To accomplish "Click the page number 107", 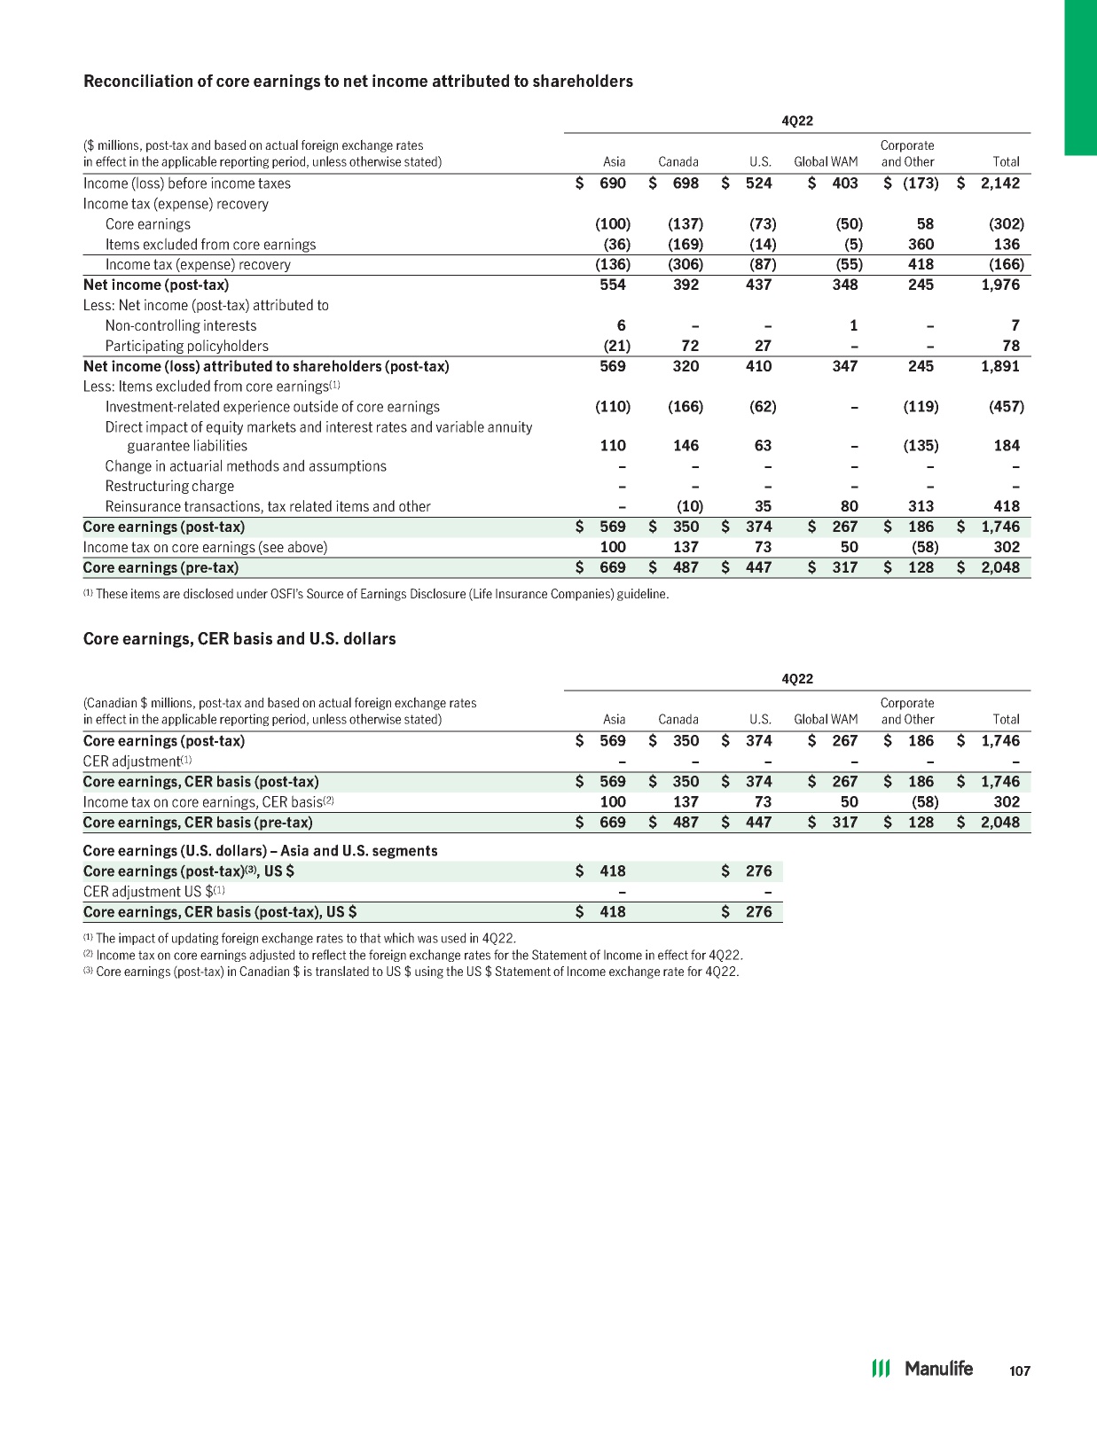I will pos(1020,1370).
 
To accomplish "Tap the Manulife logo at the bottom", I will pos(922,1369).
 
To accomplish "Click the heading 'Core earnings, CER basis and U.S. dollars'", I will pos(239,639).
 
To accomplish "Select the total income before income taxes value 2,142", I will pos(1000,184).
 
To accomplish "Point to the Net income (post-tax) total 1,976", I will pos(1000,285).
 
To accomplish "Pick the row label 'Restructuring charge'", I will pos(169,486).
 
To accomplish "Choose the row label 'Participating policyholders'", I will pos(186,346).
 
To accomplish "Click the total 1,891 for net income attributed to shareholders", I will pos(1000,366).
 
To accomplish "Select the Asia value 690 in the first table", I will pos(613,184).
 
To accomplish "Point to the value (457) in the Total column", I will pos(1007,407).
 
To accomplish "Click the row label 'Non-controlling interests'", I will pos(181,325).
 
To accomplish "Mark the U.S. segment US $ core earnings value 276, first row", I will pos(758,871).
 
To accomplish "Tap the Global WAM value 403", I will pos(845,184).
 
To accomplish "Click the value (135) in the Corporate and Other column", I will pos(921,446).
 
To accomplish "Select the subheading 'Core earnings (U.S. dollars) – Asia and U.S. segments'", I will pos(260,851).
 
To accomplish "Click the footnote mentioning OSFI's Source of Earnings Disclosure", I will pos(376,594).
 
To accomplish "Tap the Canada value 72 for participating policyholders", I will pos(690,346).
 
